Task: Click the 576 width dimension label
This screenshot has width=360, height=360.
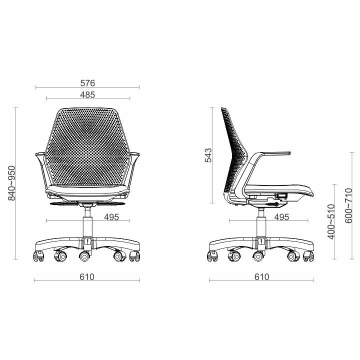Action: pyautogui.click(x=87, y=83)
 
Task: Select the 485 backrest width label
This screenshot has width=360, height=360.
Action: pyautogui.click(x=87, y=95)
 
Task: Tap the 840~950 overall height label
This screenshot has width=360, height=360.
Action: pyautogui.click(x=11, y=183)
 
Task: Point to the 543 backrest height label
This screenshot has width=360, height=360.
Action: pyautogui.click(x=208, y=155)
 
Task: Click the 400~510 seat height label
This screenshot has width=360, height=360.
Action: pyautogui.click(x=331, y=222)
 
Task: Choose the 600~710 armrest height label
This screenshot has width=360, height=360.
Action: pyautogui.click(x=348, y=205)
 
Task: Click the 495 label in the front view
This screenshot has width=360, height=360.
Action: pyautogui.click(x=111, y=217)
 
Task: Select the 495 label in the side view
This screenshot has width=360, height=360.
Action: pyautogui.click(x=281, y=217)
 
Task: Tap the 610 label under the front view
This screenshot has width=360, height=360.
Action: pyautogui.click(x=87, y=277)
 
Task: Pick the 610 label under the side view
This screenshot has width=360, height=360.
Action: pyautogui.click(x=261, y=277)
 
